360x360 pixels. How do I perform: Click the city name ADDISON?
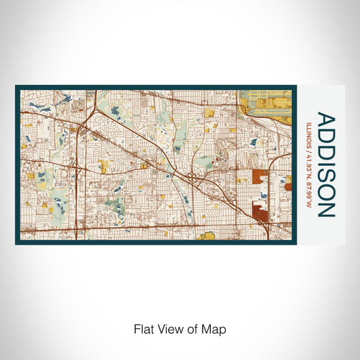pos(326,164)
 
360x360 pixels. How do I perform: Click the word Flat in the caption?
pos(143,328)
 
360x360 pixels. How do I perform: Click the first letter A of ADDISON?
pos(326,117)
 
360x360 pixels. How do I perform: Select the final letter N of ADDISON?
pos(326,210)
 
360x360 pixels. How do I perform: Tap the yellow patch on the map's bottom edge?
pos(206,236)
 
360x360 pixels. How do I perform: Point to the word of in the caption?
pos(195,328)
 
